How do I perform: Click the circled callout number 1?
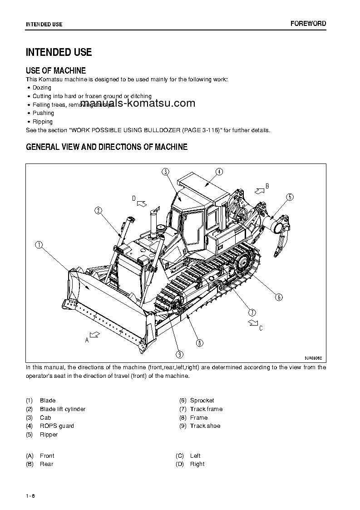click(39, 245)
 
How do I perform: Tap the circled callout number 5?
click(290, 197)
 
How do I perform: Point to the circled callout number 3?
click(166, 171)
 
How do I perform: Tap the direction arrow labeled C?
click(252, 323)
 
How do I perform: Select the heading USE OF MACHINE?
click(56, 70)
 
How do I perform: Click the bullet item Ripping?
click(42, 122)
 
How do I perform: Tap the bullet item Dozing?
click(42, 88)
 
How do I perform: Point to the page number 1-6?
click(30, 495)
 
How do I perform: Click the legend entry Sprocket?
click(202, 401)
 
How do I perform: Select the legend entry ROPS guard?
click(57, 426)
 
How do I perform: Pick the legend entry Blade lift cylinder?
click(63, 409)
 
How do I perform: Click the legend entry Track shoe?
click(205, 426)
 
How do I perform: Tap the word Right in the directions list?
click(197, 464)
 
